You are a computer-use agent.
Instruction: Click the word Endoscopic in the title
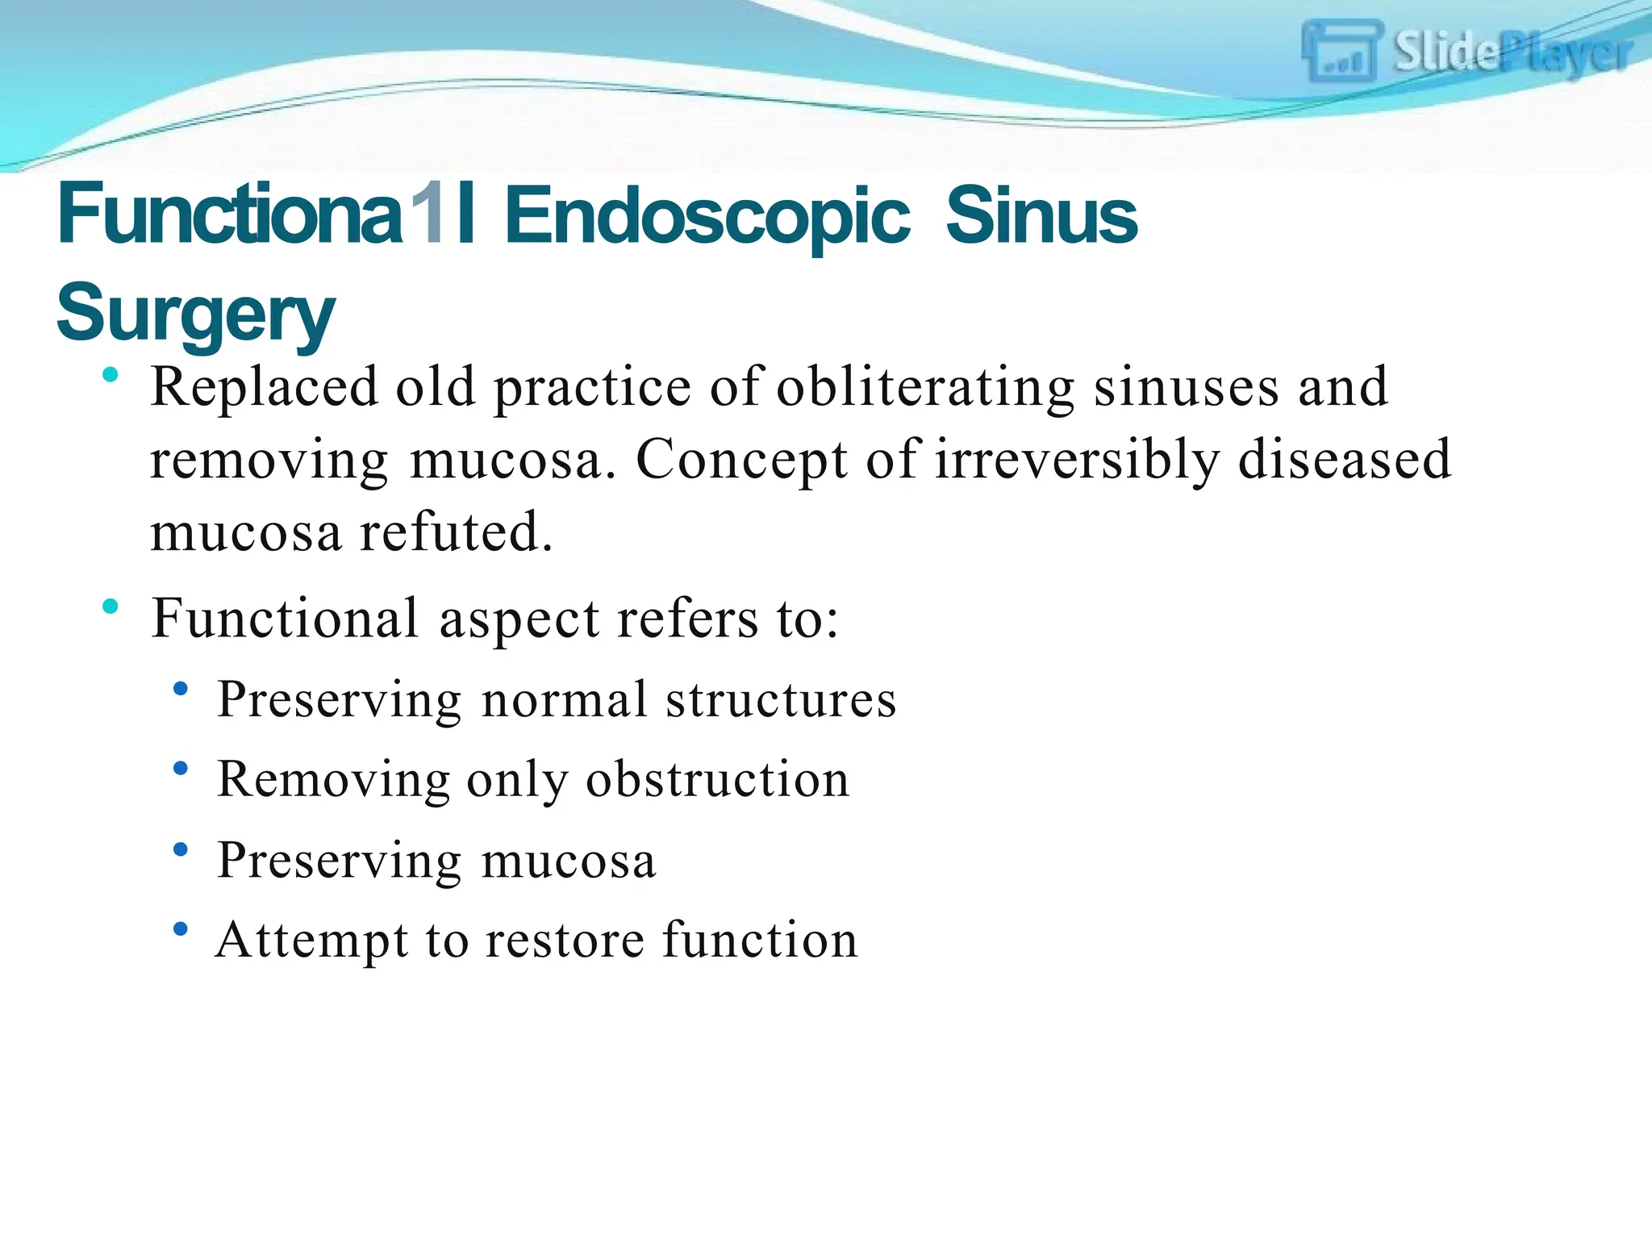pos(707,216)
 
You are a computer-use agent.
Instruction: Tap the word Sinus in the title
pos(1041,216)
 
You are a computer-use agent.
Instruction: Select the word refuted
pos(457,532)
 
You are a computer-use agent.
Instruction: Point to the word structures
pos(781,699)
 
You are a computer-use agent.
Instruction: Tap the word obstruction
pos(717,780)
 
